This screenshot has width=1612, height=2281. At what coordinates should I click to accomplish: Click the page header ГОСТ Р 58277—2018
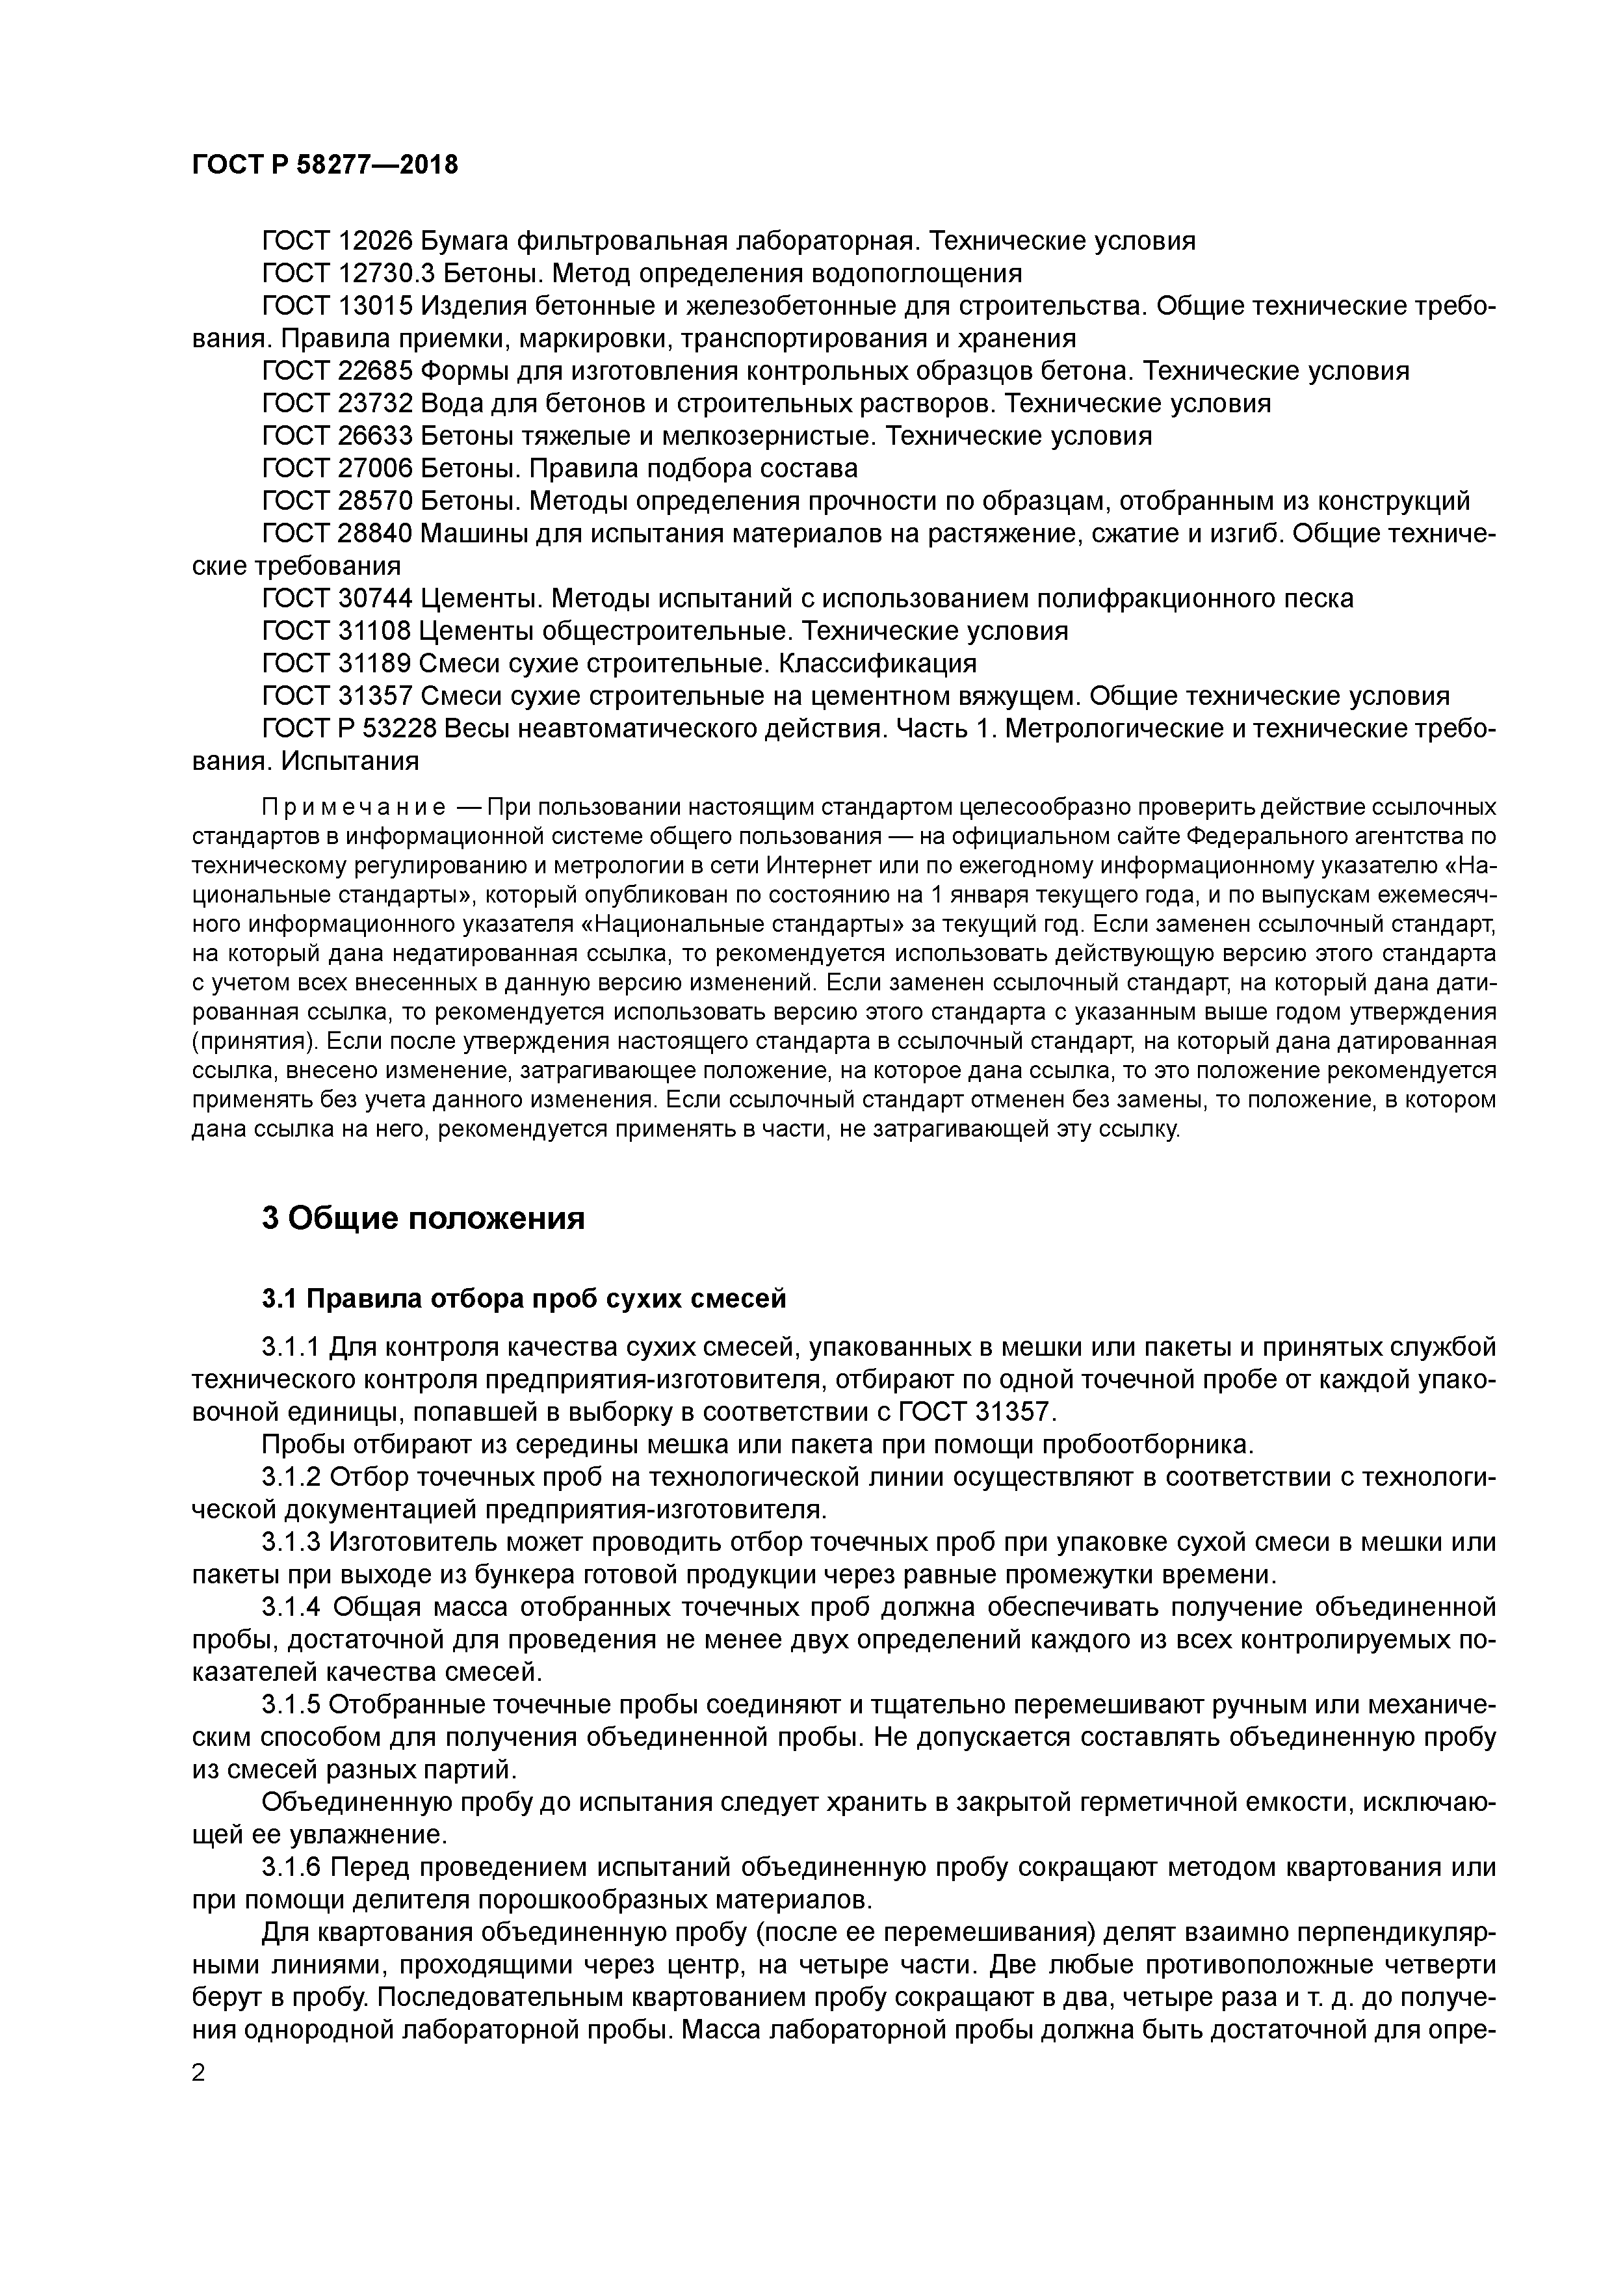pos(325,165)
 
